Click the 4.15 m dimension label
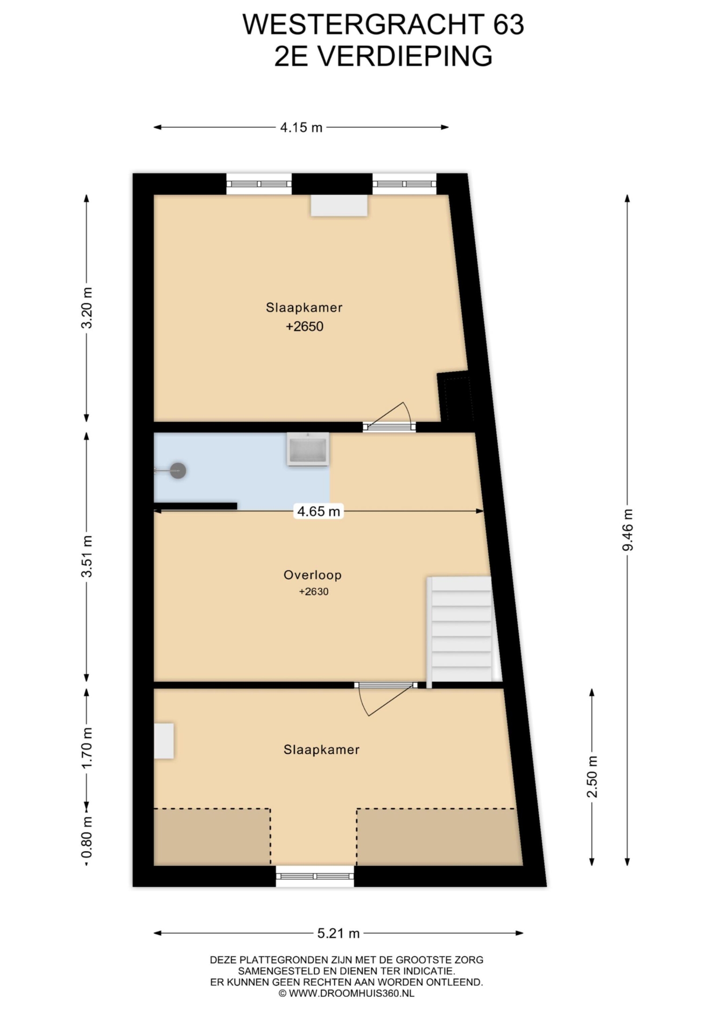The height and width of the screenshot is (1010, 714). (x=301, y=127)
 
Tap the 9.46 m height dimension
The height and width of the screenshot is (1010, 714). (x=627, y=529)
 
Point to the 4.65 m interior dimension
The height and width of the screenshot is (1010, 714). (x=318, y=511)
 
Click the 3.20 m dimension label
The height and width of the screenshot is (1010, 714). (x=87, y=308)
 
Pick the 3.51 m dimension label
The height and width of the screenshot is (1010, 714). (x=87, y=556)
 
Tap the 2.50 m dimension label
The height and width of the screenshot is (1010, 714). (x=592, y=777)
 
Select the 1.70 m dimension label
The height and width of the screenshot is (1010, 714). (x=87, y=748)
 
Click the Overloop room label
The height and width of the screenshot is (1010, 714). (x=312, y=575)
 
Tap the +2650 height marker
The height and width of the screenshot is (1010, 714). (x=304, y=326)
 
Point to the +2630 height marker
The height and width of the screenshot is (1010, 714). (x=314, y=592)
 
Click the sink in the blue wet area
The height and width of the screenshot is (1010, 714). (x=308, y=449)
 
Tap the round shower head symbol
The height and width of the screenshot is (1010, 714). (x=178, y=470)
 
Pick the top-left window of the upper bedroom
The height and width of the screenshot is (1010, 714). (x=259, y=184)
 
